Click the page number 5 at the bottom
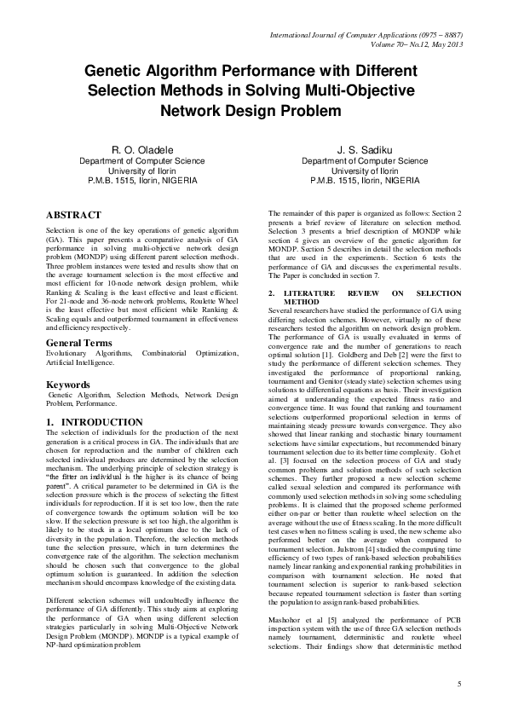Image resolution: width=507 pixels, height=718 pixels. (x=459, y=684)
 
